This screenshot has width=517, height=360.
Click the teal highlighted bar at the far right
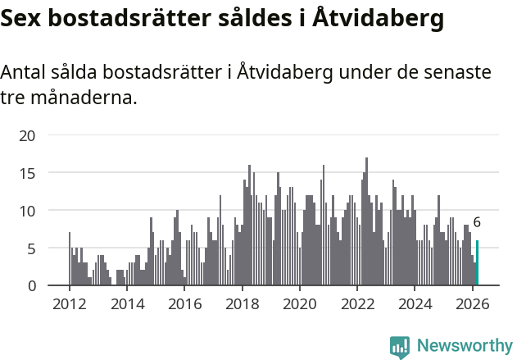click(478, 263)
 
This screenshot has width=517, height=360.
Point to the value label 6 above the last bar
click(477, 222)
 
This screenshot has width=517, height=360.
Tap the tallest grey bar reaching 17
click(366, 221)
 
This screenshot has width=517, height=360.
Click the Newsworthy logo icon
click(400, 347)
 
